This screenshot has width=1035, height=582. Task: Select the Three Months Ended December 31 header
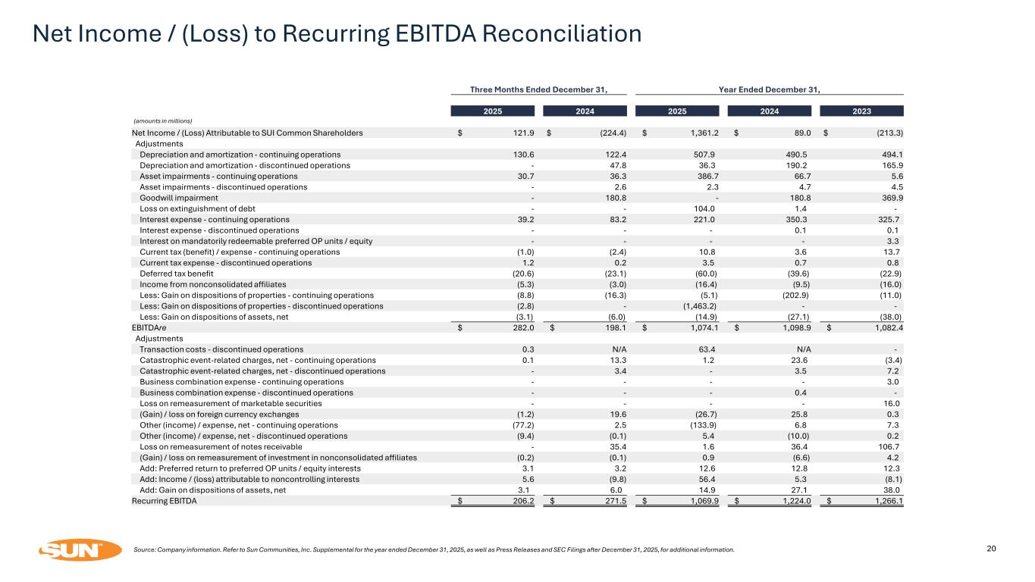(539, 89)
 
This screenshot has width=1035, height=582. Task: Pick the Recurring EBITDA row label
(164, 502)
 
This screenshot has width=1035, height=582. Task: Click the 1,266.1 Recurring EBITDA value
(886, 502)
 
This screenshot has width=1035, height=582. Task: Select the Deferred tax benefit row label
(177, 274)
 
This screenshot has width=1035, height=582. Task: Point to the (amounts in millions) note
(163, 121)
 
